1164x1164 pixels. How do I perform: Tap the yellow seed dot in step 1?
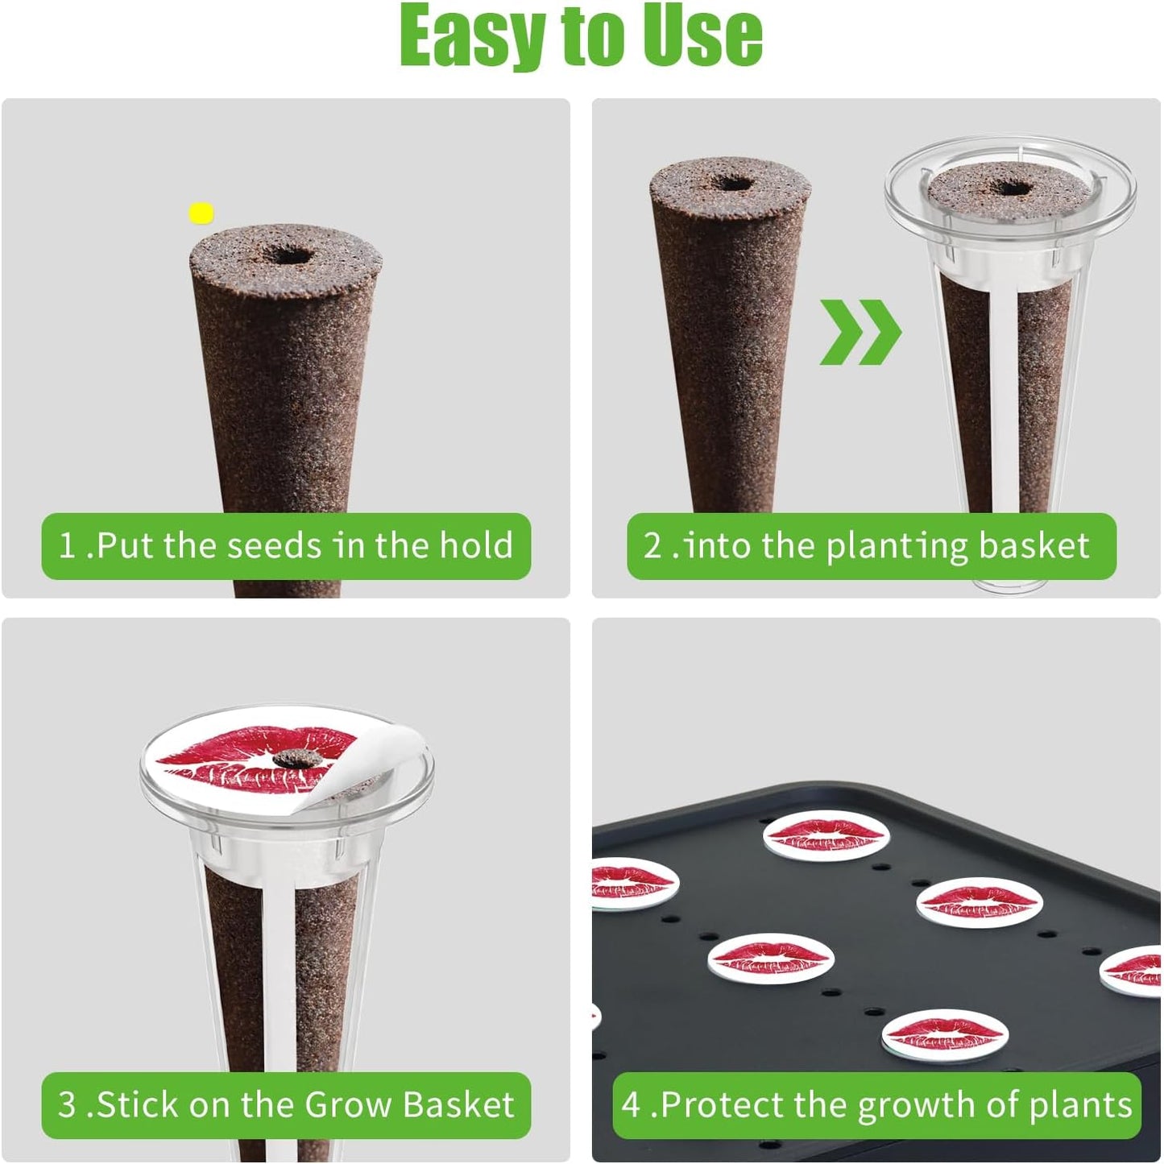(x=201, y=213)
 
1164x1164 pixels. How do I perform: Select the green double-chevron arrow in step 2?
(x=860, y=332)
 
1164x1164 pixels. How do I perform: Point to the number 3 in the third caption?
(x=67, y=1105)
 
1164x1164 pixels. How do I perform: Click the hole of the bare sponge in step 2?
(x=732, y=181)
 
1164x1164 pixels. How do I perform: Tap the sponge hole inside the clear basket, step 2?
(x=1012, y=188)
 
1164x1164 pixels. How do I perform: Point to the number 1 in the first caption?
(x=67, y=546)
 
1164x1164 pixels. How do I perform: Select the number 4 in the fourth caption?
(x=632, y=1105)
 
